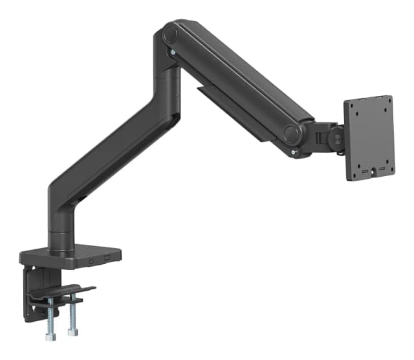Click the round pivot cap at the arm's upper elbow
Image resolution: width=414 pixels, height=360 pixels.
[171, 33]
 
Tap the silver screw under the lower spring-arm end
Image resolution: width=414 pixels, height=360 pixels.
[295, 153]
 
